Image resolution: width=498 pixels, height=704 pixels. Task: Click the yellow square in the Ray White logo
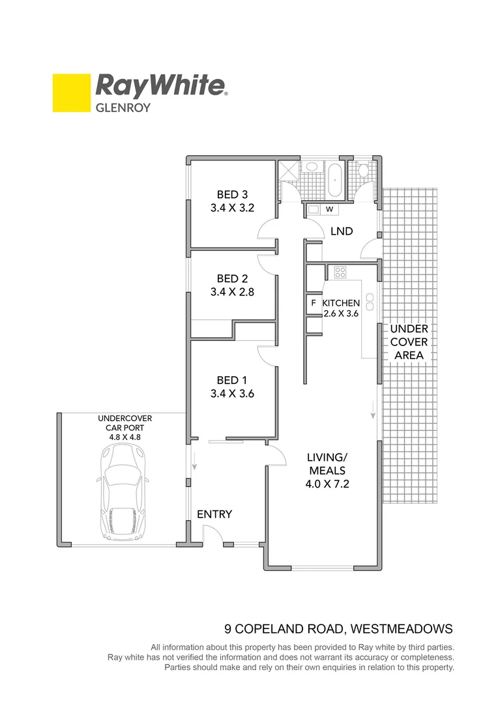coord(71,93)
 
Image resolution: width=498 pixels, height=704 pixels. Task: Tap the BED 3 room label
coord(232,194)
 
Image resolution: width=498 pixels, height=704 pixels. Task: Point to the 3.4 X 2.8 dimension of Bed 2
coord(232,293)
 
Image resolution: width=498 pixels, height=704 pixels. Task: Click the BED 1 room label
coord(232,380)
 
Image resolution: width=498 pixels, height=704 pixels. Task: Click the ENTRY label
coord(214,514)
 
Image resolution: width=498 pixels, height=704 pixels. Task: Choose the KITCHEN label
coord(341,303)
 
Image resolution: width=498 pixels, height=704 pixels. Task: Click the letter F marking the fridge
coord(314,303)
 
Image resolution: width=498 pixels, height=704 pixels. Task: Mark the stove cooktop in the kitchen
coord(340,272)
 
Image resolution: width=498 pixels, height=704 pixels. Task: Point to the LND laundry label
coord(342,231)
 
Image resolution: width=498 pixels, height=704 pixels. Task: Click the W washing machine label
coord(329,209)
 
